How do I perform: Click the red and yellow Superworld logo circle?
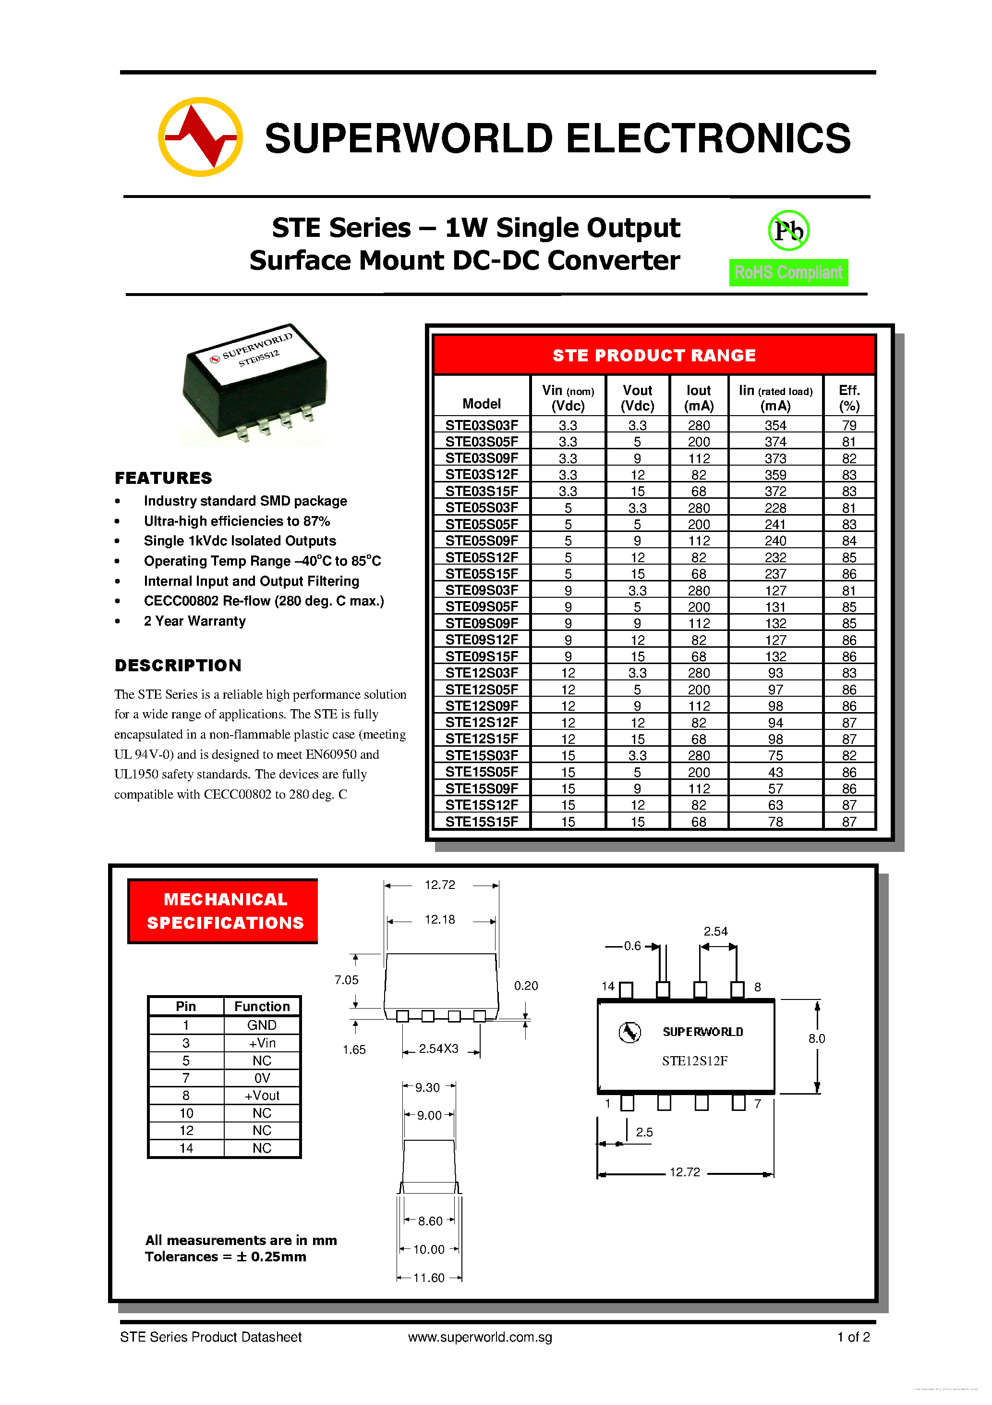click(x=200, y=137)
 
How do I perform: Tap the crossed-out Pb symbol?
click(x=788, y=231)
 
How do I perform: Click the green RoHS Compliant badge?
click(x=788, y=272)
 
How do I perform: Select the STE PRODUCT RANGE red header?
click(x=654, y=355)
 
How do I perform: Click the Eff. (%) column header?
click(x=849, y=398)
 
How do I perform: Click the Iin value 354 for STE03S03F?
click(x=775, y=425)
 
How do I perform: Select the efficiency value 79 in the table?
click(x=849, y=425)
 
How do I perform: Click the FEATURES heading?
click(x=163, y=478)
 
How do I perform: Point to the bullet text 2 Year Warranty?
click(x=194, y=621)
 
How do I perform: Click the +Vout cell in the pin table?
click(x=262, y=1096)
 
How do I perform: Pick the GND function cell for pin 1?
click(x=262, y=1025)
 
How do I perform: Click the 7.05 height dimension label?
click(x=346, y=980)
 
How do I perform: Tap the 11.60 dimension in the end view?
click(x=429, y=1278)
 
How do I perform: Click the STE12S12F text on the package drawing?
click(x=695, y=1060)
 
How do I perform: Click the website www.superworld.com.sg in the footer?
click(x=480, y=1337)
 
